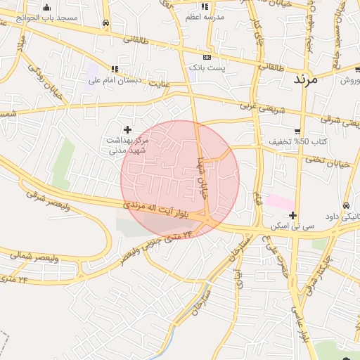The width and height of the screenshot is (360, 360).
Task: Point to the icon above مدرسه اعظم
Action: point(205,6)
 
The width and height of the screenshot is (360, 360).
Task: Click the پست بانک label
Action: point(207,68)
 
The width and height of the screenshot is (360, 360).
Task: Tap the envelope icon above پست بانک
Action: point(207,57)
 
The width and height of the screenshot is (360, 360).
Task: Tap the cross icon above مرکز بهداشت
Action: point(127,129)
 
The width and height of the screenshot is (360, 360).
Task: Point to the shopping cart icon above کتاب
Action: point(297,131)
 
